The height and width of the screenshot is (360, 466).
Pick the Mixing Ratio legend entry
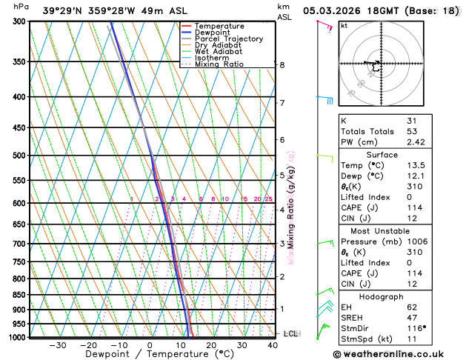coord(219,64)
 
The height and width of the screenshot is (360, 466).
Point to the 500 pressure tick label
coord(21,156)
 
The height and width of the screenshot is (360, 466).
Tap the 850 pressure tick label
coord(21,295)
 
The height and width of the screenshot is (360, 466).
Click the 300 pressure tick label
coord(21,21)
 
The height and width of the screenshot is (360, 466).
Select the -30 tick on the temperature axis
coord(58,345)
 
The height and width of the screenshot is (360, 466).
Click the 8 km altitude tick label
coord(282,65)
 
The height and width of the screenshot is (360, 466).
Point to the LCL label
coord(290,334)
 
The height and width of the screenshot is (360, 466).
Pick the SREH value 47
coord(412,316)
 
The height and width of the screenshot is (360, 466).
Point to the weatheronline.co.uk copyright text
coord(393,354)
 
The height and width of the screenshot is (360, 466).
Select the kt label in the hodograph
coord(344,25)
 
